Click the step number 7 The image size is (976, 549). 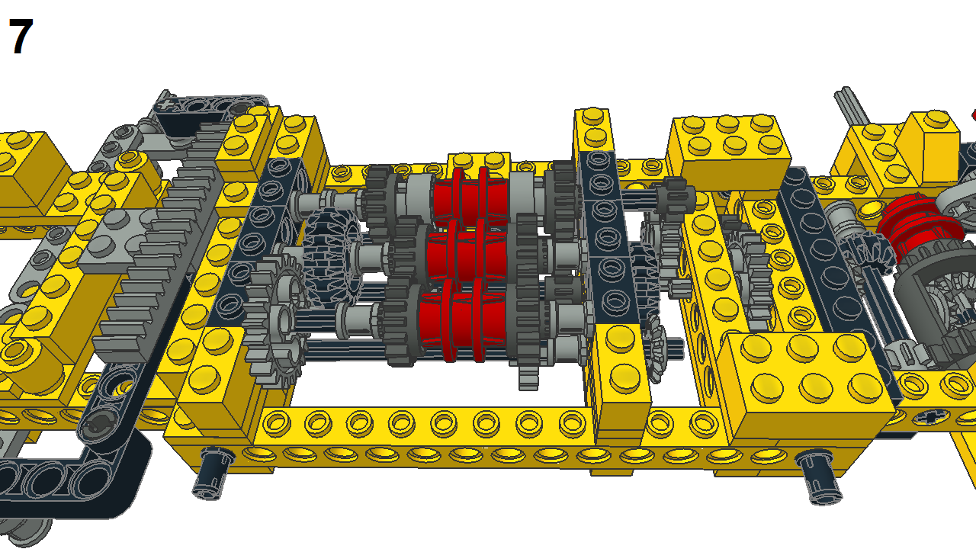[x=21, y=38]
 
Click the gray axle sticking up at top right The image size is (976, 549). [x=852, y=107]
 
